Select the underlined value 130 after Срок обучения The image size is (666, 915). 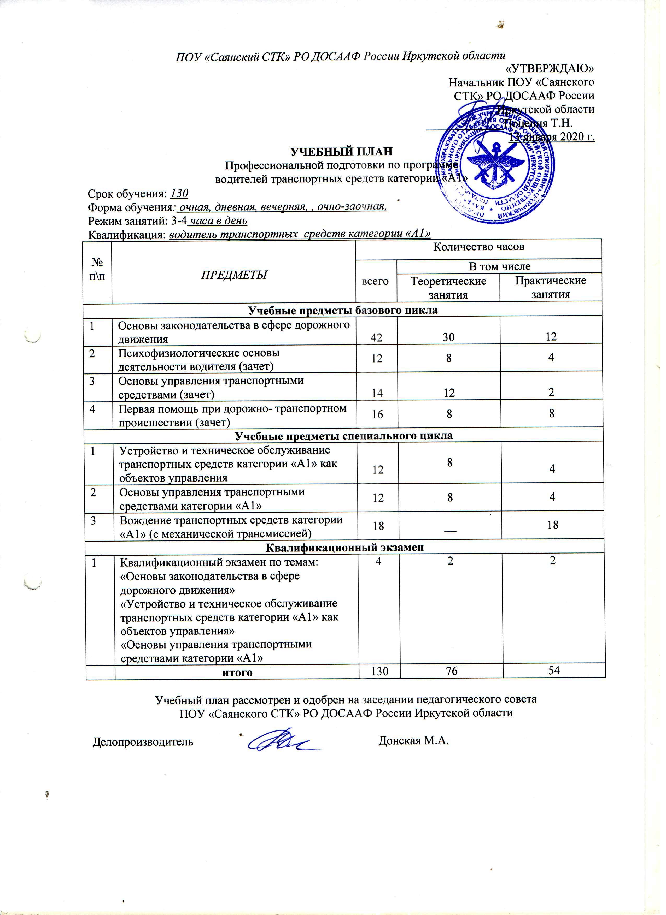pyautogui.click(x=180, y=194)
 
